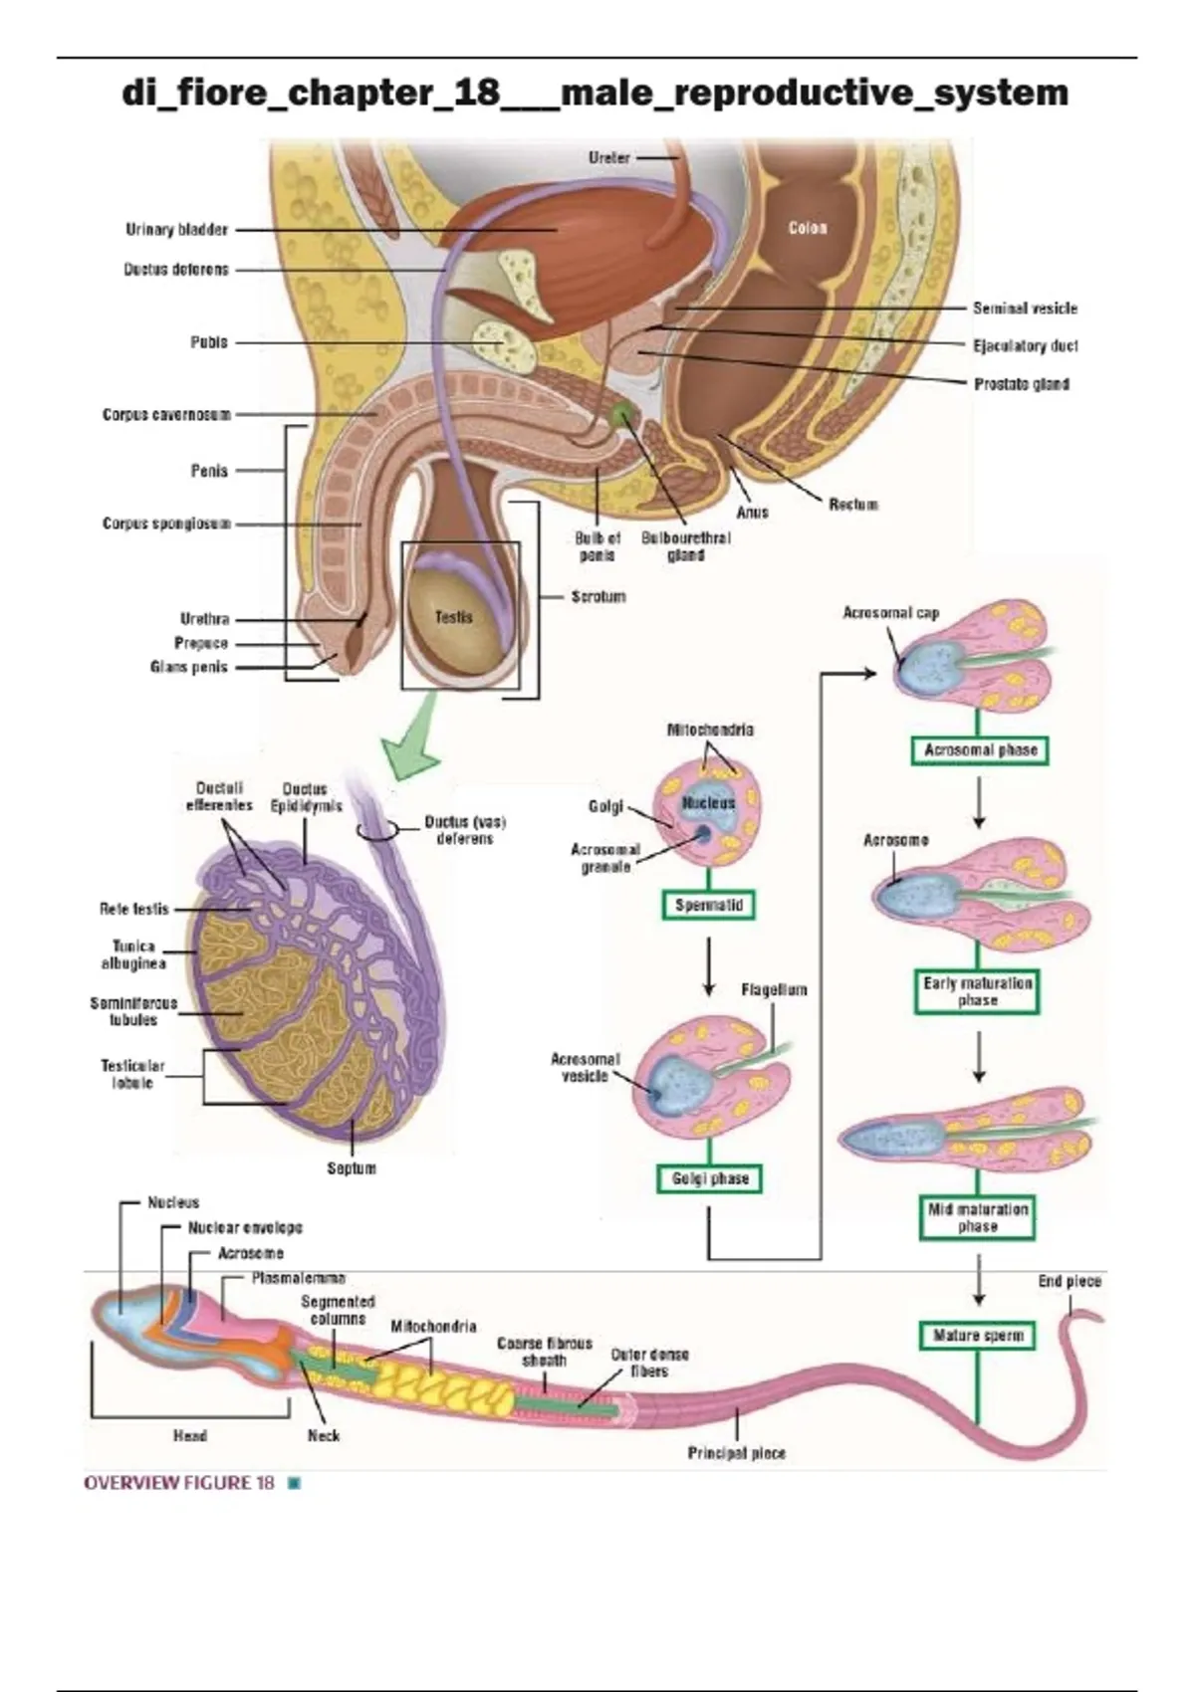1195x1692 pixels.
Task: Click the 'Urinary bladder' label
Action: tap(176, 230)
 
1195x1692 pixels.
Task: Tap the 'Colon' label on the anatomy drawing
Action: tap(808, 228)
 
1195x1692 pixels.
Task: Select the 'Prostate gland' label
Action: tap(1021, 384)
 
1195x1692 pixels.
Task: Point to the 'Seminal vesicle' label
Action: tap(1025, 309)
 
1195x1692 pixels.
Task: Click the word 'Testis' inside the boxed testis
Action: tap(454, 617)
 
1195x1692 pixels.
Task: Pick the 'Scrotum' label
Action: tap(597, 597)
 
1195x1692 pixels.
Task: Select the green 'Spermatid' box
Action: tap(709, 906)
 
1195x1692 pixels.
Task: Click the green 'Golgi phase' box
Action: tap(710, 1178)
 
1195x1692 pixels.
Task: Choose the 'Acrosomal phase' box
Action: tap(980, 750)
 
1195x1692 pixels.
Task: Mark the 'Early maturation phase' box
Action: tap(977, 991)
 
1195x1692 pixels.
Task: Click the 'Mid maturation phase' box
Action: tap(977, 1218)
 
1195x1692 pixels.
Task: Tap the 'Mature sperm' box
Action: tap(977, 1336)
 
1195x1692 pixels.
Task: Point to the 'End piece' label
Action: tap(1070, 1282)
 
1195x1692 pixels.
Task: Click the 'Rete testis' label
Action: tap(134, 909)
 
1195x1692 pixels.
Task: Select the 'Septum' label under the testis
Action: tap(352, 1168)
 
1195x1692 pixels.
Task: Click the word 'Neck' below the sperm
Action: tap(324, 1435)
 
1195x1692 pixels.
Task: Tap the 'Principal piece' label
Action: tap(736, 1453)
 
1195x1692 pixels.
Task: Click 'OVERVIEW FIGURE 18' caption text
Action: tap(179, 1483)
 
